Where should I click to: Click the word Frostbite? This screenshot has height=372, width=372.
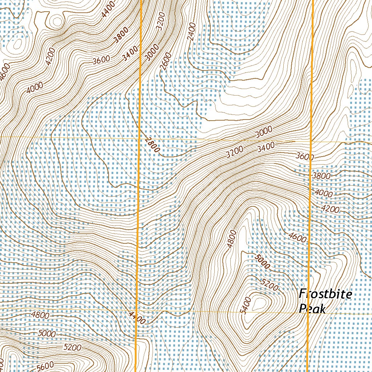(x=325, y=294)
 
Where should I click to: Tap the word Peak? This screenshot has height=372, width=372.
(x=312, y=309)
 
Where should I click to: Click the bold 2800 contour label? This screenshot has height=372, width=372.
(x=152, y=145)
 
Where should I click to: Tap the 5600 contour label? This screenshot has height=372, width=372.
(x=45, y=365)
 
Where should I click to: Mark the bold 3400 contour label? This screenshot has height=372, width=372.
(x=130, y=53)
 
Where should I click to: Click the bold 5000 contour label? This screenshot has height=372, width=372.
(x=262, y=262)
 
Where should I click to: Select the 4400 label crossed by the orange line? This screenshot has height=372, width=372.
(x=137, y=319)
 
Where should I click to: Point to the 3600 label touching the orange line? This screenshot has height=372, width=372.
(x=304, y=157)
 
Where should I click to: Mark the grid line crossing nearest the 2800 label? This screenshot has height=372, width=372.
(x=140, y=138)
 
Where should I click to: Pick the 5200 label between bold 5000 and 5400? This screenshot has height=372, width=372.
(x=270, y=286)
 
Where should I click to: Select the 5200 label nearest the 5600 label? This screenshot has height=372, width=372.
(x=72, y=347)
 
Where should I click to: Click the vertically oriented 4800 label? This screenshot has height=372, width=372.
(x=231, y=239)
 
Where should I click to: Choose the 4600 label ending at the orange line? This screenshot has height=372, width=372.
(x=298, y=238)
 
